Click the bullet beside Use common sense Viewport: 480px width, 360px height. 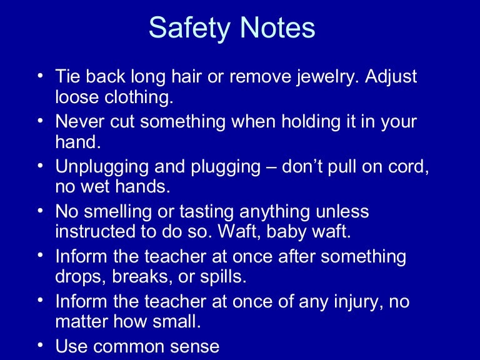[39, 345]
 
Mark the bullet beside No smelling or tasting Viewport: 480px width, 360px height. [39, 211]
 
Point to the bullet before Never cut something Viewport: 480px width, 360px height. [39, 121]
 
